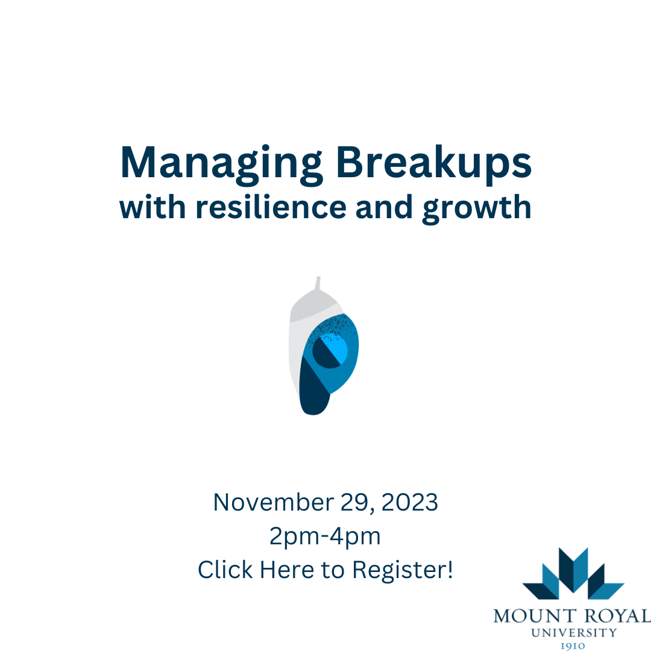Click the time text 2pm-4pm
325,536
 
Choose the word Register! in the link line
403,570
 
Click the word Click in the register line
224,570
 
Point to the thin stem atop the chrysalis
318,283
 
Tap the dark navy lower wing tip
313,395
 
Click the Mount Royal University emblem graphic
573,573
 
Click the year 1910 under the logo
573,646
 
